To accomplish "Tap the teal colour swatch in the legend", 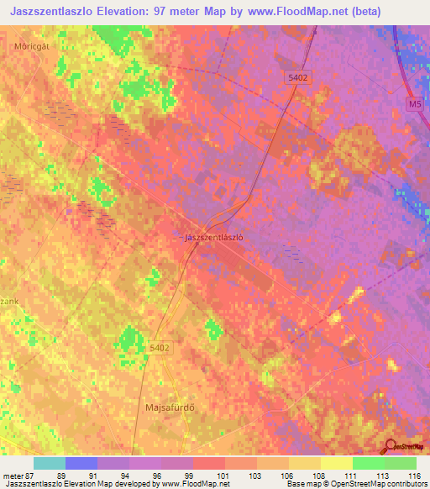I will pos(50,463).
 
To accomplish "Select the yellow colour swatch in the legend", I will pos(336,463).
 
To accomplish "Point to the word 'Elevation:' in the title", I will pos(139,12).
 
